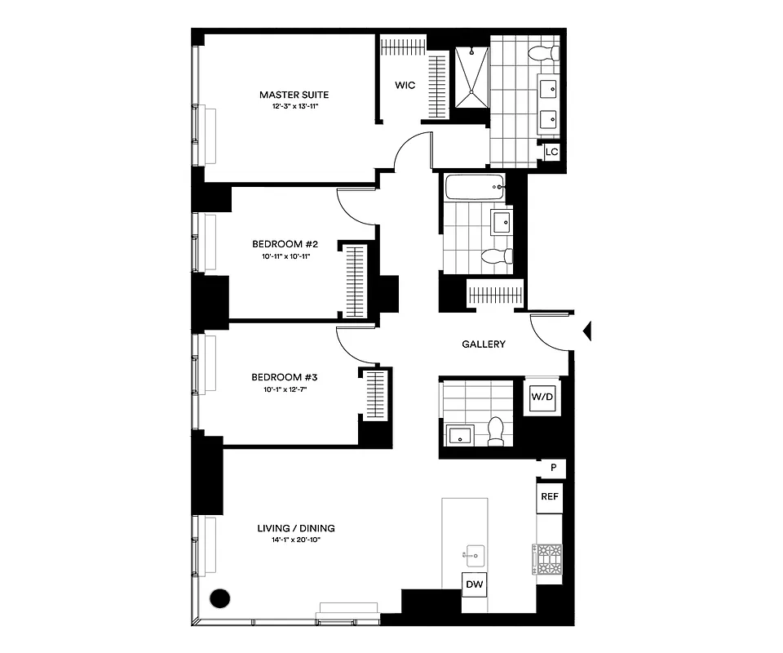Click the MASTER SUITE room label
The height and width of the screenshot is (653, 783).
[294, 95]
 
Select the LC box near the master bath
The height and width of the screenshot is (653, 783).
[551, 152]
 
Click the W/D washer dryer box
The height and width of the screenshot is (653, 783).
[542, 398]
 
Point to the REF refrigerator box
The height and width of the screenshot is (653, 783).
[549, 496]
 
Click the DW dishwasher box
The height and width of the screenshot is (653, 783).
[473, 584]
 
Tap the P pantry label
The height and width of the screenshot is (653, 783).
[553, 468]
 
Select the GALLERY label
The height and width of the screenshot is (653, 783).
[484, 344]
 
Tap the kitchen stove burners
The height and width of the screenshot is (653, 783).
[547, 560]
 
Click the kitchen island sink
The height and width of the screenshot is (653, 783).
[472, 556]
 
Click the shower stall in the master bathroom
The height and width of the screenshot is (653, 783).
[471, 78]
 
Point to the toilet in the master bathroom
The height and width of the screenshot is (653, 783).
[542, 54]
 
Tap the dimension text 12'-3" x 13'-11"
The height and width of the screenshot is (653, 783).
[294, 107]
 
